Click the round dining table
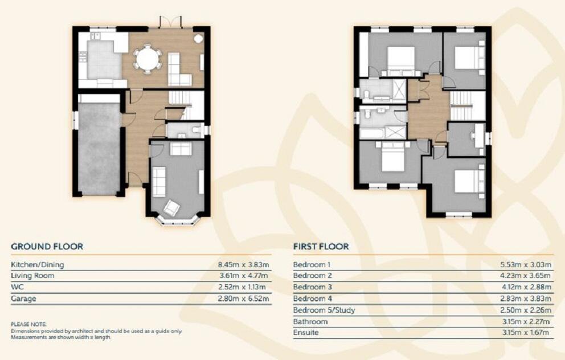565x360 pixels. coord(148,59)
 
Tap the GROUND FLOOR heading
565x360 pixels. coord(47,247)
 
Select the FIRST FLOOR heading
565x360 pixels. coord(321,247)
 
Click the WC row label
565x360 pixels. coord(17,287)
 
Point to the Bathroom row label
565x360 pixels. coord(310,322)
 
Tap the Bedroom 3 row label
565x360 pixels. coord(312,287)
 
